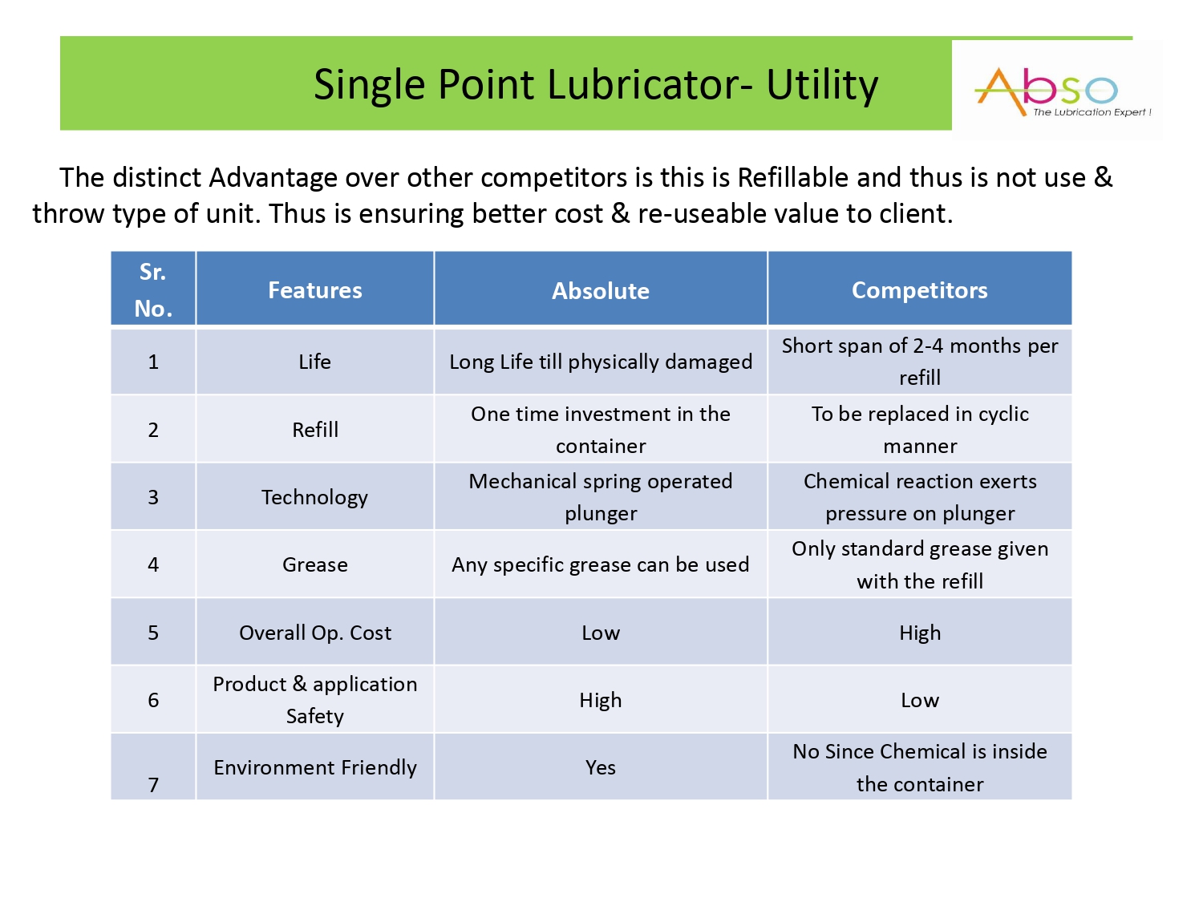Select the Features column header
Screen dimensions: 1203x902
tap(314, 289)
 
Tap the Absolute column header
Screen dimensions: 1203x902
tap(600, 289)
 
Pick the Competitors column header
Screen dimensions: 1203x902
tap(920, 289)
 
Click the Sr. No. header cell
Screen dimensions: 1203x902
tap(153, 289)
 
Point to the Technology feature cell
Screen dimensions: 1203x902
tap(314, 497)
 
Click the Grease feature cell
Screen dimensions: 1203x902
tap(314, 564)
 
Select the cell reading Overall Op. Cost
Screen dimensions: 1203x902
tap(314, 632)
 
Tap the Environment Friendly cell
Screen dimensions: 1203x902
tap(314, 766)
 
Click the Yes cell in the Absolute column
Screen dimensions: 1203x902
tap(600, 766)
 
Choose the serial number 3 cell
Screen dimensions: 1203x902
tap(153, 497)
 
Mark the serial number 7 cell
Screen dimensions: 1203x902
tap(153, 766)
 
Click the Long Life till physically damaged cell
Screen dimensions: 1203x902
tap(600, 362)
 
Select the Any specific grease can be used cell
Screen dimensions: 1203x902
tap(600, 564)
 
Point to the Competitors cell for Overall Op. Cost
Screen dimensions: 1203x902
tap(920, 632)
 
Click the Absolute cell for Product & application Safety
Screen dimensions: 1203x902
tap(600, 699)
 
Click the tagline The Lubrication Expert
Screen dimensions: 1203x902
tap(1092, 112)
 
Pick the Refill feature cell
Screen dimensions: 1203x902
tap(314, 429)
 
